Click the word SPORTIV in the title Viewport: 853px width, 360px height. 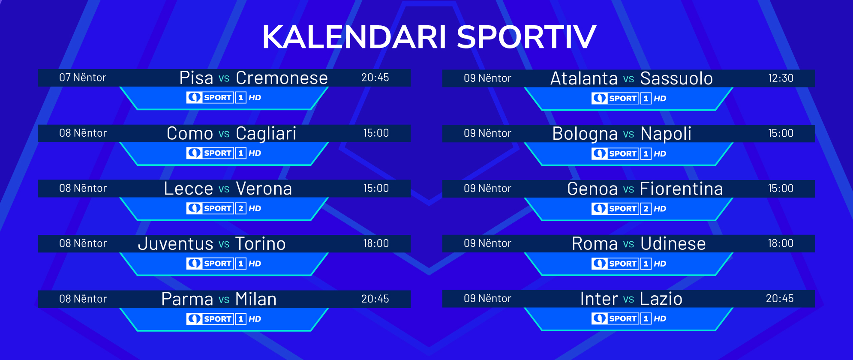click(x=526, y=37)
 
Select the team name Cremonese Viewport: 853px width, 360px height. click(x=282, y=78)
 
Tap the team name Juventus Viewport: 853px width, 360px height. click(x=175, y=244)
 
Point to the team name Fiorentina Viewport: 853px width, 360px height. click(x=682, y=189)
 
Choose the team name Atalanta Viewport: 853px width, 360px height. click(x=584, y=78)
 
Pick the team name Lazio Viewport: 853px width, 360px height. click(x=661, y=299)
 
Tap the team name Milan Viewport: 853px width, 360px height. click(x=256, y=299)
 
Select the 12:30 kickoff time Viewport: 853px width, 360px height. click(x=781, y=78)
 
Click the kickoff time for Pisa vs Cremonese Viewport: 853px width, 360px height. click(x=375, y=78)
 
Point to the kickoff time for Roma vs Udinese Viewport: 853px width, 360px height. click(x=781, y=243)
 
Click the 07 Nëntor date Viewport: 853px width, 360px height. click(x=83, y=78)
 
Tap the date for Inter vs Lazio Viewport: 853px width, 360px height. click(x=487, y=299)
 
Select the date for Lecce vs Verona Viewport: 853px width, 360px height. click(x=83, y=188)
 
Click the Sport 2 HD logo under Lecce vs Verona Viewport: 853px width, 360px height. click(x=224, y=209)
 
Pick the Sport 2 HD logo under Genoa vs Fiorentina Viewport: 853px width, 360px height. click(x=629, y=209)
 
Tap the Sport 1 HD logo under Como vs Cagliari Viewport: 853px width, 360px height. click(x=224, y=153)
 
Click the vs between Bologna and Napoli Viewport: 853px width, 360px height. click(x=628, y=134)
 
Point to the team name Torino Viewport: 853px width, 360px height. click(x=261, y=244)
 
